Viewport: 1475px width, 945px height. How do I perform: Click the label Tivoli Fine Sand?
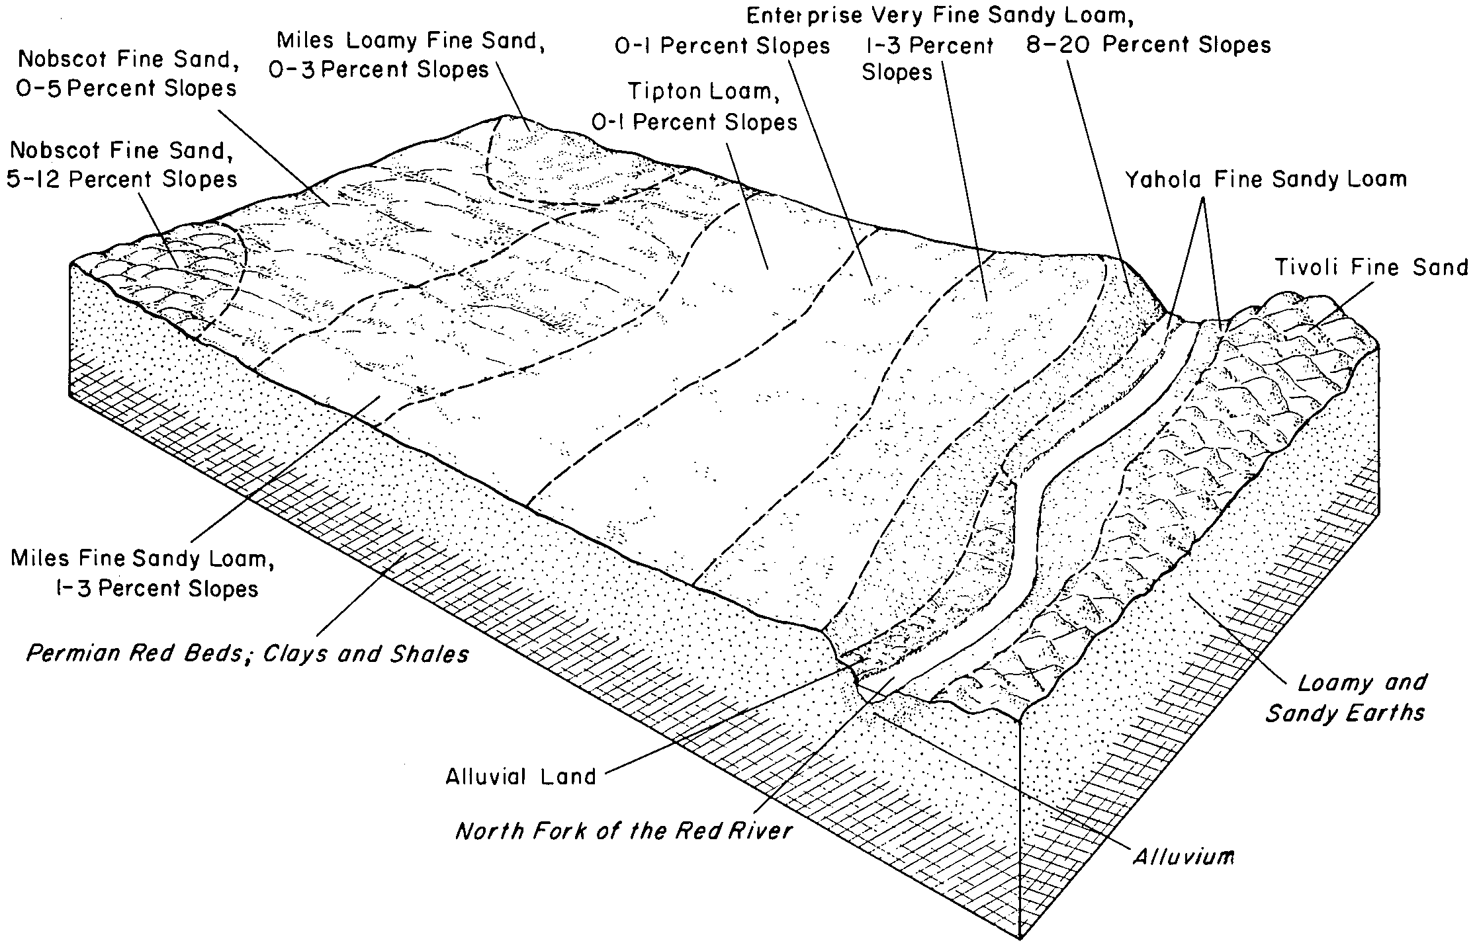1370,268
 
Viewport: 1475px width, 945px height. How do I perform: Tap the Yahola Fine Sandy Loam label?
1266,179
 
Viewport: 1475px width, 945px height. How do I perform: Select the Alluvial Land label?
521,776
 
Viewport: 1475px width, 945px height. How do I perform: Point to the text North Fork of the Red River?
623,831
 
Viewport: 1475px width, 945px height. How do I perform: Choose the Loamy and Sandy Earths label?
1346,698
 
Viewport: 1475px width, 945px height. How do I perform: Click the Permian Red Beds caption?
247,654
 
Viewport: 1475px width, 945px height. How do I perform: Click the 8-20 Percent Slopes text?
1148,45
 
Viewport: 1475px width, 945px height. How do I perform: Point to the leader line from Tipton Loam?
748,205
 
